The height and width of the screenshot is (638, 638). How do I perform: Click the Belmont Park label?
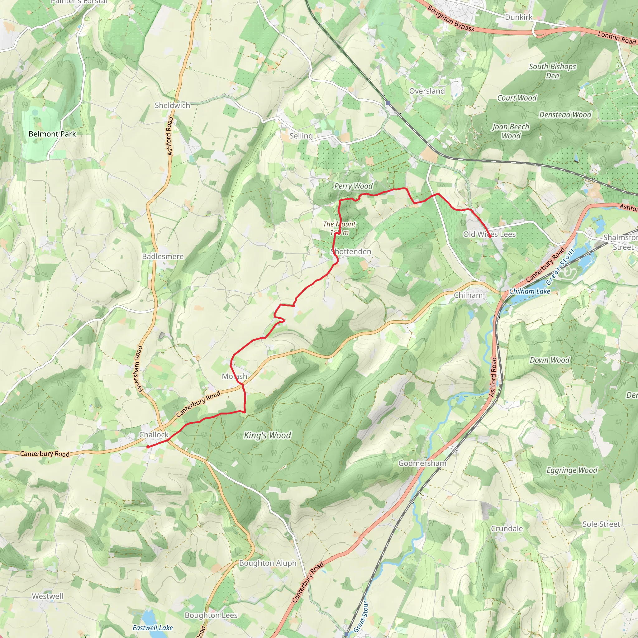click(52, 134)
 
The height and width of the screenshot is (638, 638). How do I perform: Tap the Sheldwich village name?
click(172, 105)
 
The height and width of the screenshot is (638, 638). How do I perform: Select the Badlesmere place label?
click(163, 257)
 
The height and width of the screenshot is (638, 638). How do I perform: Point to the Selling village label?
click(301, 136)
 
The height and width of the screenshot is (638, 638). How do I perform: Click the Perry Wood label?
click(353, 186)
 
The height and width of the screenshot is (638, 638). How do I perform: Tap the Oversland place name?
click(427, 91)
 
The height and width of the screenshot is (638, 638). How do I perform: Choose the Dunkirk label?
click(518, 17)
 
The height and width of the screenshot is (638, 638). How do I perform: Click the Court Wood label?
click(517, 98)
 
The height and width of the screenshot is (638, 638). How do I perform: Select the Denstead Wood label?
click(565, 115)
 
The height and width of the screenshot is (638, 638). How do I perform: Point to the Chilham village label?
click(468, 295)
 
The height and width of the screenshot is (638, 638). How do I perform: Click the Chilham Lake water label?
click(530, 291)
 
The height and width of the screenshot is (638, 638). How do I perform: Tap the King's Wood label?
click(268, 436)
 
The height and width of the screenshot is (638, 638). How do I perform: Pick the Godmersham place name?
click(422, 463)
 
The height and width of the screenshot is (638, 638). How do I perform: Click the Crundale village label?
click(507, 529)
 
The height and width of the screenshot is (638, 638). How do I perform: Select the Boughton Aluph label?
click(268, 563)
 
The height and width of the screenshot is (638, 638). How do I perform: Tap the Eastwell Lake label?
click(153, 628)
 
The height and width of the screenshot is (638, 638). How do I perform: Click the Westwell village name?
click(48, 596)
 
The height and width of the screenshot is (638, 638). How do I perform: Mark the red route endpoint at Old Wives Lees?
click(490, 236)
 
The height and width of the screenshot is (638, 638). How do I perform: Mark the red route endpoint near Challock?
click(148, 447)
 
